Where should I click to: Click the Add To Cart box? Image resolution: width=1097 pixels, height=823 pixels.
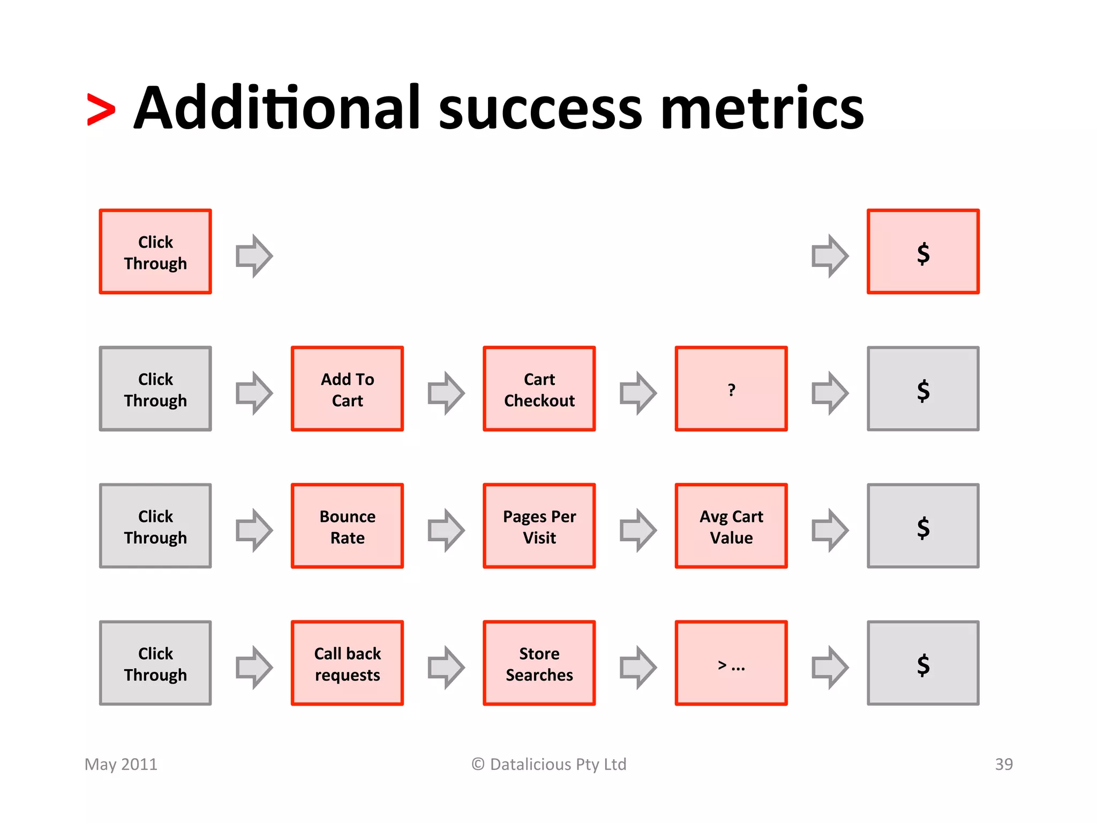click(x=347, y=388)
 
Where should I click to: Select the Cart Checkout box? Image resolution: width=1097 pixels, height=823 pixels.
click(x=539, y=388)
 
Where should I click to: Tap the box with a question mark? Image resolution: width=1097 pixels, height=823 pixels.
click(x=731, y=388)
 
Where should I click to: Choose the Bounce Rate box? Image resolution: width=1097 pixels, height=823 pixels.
click(x=347, y=526)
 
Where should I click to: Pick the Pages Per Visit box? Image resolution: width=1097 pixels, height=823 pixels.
click(x=539, y=526)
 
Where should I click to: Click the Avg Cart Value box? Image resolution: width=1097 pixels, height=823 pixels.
click(x=731, y=526)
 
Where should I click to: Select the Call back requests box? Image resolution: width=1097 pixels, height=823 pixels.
click(x=347, y=663)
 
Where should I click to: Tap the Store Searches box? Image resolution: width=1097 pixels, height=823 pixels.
click(x=539, y=663)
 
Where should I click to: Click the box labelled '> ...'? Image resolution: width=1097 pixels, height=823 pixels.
click(x=731, y=663)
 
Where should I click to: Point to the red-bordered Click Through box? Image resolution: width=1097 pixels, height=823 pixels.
click(x=155, y=251)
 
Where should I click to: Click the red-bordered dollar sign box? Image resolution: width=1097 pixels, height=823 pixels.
click(x=923, y=251)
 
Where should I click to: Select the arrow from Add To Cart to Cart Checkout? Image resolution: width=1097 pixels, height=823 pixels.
click(x=446, y=393)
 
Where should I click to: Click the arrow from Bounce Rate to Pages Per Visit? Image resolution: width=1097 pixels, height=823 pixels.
click(x=446, y=530)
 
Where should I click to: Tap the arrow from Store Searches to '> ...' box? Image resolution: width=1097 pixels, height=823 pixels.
click(x=637, y=667)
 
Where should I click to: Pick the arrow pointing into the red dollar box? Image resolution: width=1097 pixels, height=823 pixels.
click(x=829, y=256)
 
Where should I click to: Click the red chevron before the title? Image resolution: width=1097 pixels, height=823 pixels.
click(x=101, y=110)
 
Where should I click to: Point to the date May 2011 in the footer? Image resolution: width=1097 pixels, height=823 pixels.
click(x=121, y=764)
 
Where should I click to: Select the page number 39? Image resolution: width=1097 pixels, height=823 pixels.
click(x=1004, y=764)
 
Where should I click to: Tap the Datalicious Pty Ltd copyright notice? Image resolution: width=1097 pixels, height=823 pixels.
click(x=549, y=764)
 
